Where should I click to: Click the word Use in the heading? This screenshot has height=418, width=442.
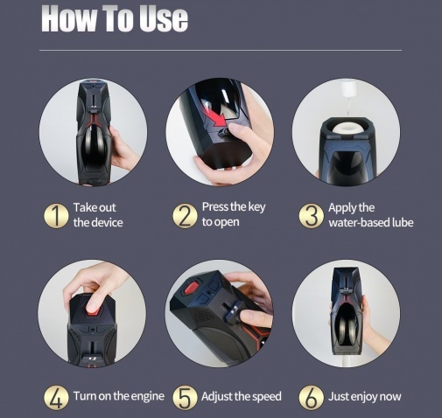pos(164,18)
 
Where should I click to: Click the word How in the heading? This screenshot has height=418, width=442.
pos(69,18)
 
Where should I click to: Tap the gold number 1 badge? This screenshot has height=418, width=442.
pos(56,216)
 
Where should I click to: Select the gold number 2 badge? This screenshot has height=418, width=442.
pos(185,216)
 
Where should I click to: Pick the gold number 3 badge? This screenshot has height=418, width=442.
pos(312,216)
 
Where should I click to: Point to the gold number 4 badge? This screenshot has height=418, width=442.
pos(56,397)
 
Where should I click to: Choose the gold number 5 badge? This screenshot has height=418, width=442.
pos(185,397)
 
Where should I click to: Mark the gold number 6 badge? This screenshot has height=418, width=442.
pos(312,397)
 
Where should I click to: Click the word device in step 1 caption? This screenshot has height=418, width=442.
pos(107,223)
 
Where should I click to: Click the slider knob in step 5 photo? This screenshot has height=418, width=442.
pos(235,310)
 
